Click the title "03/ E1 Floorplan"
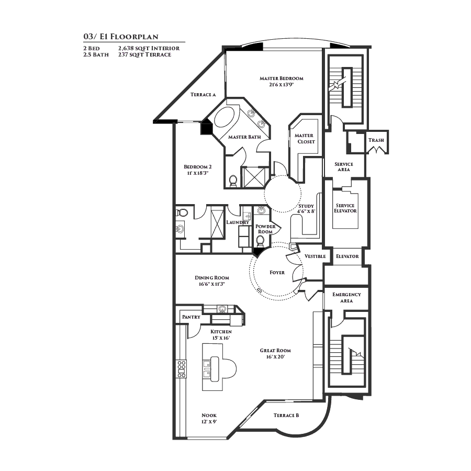120,37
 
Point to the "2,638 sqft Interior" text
149,48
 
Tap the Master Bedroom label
282,78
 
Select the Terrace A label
203,95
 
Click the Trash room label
376,140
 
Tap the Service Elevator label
345,208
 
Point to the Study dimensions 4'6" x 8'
306,211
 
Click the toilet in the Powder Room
260,241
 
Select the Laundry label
237,222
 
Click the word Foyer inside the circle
277,273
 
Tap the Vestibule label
315,256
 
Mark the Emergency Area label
346,298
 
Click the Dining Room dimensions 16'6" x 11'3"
211,284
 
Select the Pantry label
191,317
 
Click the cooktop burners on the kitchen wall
182,369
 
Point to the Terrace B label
286,416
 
